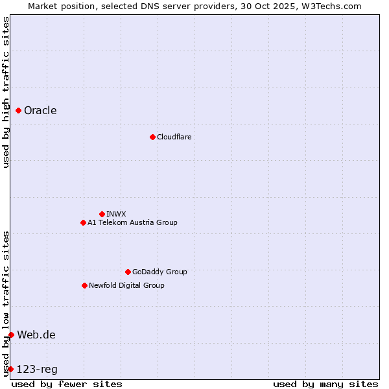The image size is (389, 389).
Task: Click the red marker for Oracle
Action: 19,111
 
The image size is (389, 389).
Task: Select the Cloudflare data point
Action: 152,137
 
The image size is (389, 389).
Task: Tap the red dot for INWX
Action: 102,214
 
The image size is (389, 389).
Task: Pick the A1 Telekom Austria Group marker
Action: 83,222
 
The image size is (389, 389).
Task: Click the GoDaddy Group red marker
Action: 128,272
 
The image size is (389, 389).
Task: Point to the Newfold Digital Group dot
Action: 84,285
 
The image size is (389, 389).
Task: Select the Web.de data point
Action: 11,335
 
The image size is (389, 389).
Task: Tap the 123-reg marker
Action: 10,369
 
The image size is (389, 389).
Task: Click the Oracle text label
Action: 40,110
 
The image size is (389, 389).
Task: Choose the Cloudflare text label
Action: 174,137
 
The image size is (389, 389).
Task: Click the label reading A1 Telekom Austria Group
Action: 132,222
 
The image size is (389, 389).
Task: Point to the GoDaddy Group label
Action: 159,272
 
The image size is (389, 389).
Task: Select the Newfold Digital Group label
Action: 126,285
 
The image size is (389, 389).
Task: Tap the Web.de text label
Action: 36,335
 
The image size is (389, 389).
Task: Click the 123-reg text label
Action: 37,369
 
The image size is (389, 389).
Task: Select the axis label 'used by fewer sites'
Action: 67,384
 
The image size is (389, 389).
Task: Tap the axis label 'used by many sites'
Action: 325,384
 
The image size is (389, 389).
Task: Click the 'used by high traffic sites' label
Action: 6,93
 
